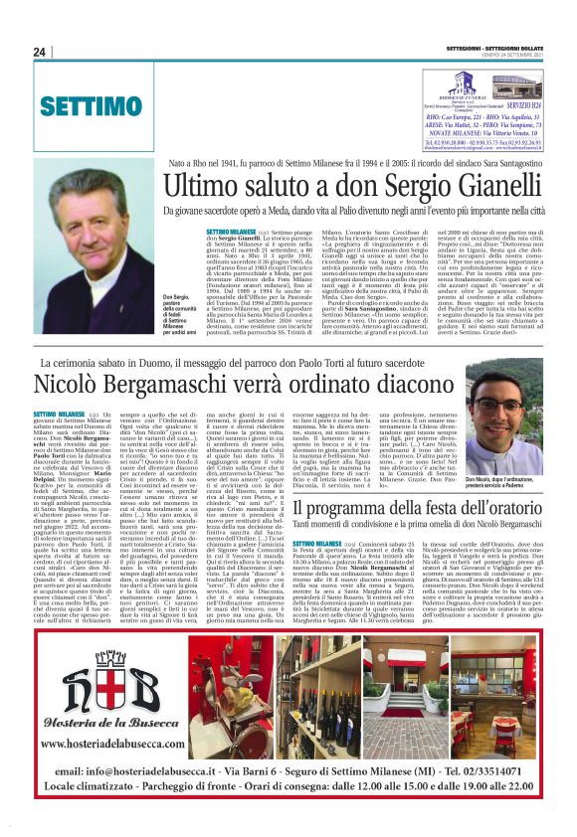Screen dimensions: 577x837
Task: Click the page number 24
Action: [40, 52]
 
